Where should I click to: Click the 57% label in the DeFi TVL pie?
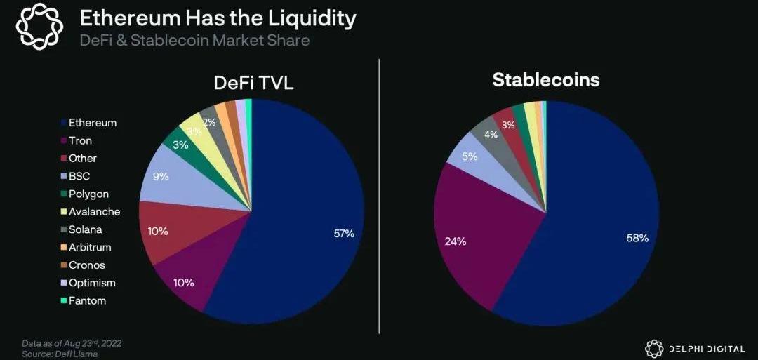coord(344,233)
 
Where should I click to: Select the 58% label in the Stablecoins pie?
coord(637,238)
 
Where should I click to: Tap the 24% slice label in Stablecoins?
coord(456,241)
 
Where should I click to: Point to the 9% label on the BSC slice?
coord(160,176)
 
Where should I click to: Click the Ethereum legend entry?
coord(92,123)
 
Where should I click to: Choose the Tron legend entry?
coord(80,140)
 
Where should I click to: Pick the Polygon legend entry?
coord(88,194)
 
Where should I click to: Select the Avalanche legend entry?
coord(94,211)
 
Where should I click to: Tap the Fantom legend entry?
coord(87,300)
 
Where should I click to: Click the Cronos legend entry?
coord(86,265)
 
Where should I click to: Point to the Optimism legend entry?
coord(92,283)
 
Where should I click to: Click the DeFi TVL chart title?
coord(253,83)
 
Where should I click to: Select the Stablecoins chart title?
coord(545,79)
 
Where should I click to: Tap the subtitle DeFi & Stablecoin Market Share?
coord(194,40)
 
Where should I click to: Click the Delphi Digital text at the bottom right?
coord(705,347)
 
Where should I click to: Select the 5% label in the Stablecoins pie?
coord(470,156)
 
